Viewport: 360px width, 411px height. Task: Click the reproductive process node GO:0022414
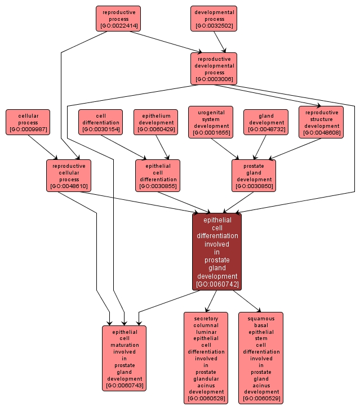[x=118, y=19]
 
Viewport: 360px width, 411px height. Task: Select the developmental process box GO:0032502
[x=214, y=19]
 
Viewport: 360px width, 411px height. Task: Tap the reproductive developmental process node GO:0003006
[x=214, y=69]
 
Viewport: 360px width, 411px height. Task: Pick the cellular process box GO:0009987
[x=28, y=122]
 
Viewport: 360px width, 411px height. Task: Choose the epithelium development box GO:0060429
[x=156, y=122]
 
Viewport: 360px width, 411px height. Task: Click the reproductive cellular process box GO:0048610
[x=69, y=176]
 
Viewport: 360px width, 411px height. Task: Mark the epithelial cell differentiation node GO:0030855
[x=158, y=176]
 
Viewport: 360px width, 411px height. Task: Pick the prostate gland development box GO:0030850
[x=254, y=176]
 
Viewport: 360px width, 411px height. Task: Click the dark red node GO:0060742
[x=217, y=252]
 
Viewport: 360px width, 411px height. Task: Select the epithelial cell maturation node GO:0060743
[x=124, y=358]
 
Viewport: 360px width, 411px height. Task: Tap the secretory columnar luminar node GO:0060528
[x=206, y=358]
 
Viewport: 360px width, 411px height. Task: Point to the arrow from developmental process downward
[x=222, y=42]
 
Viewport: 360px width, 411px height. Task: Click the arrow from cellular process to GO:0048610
[x=43, y=148]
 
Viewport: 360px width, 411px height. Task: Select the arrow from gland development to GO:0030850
[x=260, y=148]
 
